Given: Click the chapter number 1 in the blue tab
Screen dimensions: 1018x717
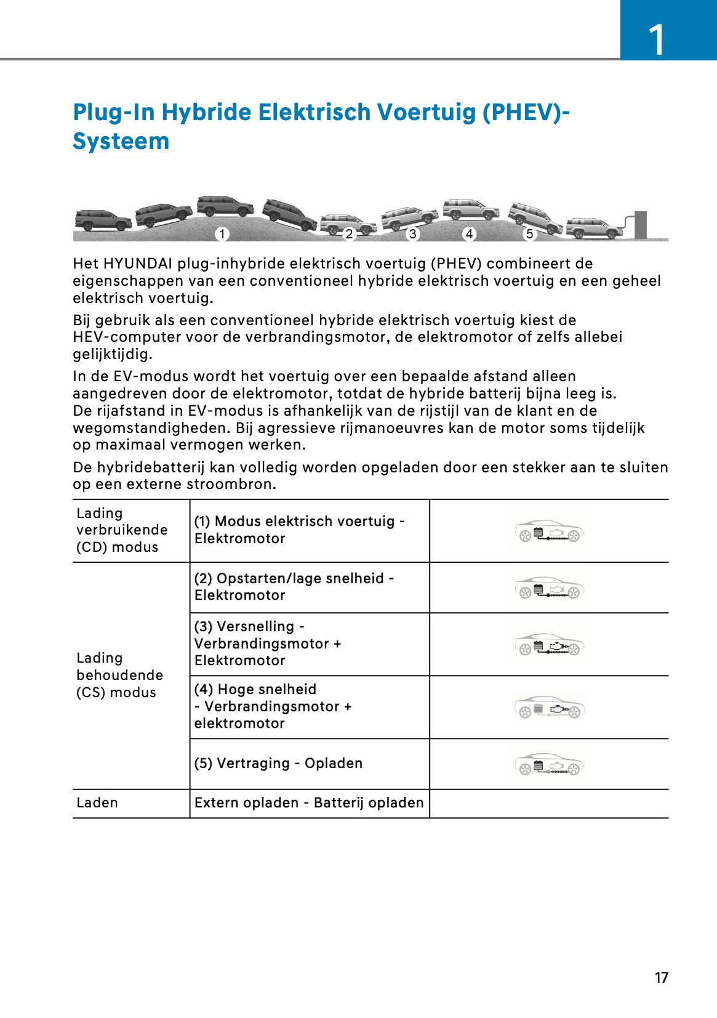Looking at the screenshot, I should click(657, 40).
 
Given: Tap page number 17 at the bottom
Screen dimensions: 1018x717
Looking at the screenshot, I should click(661, 977).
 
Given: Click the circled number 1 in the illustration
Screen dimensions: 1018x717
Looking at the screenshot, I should click(222, 234).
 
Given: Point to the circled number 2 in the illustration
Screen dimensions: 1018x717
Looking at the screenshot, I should click(349, 234).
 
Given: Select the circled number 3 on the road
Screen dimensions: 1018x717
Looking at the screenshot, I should click(412, 234).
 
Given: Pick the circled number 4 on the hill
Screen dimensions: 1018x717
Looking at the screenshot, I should click(470, 234).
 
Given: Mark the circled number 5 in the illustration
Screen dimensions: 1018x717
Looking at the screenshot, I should click(529, 234).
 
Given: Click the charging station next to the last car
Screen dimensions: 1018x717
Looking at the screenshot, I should click(639, 224).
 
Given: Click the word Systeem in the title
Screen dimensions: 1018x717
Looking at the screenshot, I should click(121, 142).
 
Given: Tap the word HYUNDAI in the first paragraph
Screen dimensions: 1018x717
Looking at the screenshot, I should click(138, 264).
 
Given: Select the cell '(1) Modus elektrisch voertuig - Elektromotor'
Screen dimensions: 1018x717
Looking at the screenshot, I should click(299, 530).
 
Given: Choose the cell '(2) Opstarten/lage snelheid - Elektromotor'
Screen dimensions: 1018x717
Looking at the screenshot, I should click(294, 587).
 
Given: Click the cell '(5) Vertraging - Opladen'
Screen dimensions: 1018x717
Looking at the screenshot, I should click(278, 763).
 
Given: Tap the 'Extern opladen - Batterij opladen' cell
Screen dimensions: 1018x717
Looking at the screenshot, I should click(309, 802).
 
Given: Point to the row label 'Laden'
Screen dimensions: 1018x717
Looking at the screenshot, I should click(97, 802).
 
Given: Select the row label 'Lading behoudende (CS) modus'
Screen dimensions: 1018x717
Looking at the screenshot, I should click(119, 675).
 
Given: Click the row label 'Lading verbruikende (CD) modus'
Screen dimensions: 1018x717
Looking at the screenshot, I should click(122, 530).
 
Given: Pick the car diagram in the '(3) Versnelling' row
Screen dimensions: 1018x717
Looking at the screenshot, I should click(549, 645).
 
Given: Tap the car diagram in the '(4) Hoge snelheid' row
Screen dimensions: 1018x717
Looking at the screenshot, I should click(549, 708).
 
